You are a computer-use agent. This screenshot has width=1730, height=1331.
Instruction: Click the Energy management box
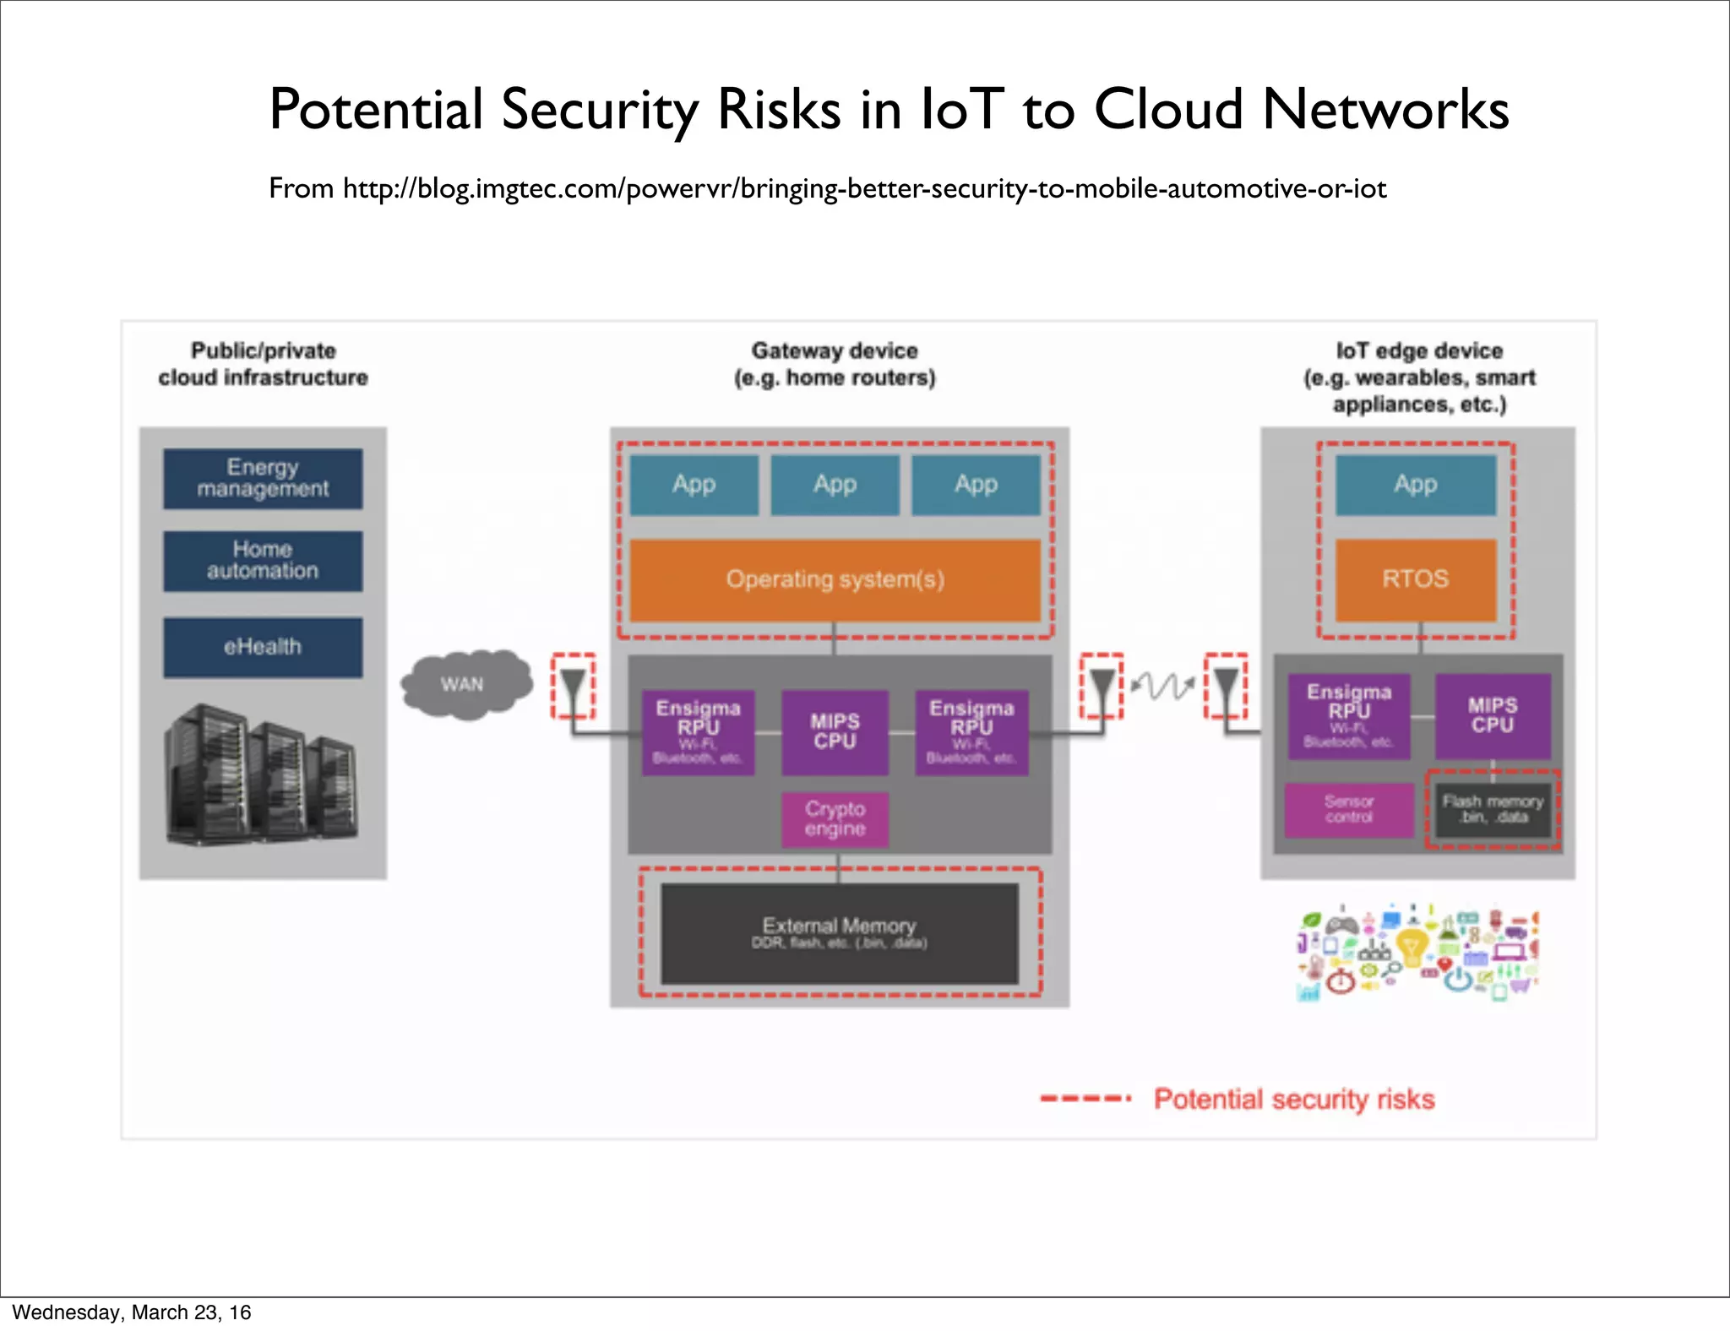tap(263, 478)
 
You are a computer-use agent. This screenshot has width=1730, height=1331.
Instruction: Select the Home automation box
tap(263, 560)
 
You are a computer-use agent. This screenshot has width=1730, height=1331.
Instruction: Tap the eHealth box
tap(263, 647)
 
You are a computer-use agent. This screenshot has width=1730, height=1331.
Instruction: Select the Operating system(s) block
tap(835, 579)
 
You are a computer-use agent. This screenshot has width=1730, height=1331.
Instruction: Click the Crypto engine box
tap(835, 818)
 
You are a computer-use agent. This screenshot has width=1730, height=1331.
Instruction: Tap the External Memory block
tap(839, 932)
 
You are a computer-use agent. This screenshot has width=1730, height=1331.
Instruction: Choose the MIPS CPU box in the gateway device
tap(835, 731)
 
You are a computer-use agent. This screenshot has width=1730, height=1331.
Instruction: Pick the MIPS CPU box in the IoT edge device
tap(1493, 714)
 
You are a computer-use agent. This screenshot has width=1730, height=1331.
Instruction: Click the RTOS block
tap(1415, 579)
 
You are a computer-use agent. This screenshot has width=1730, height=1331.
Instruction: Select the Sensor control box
tap(1348, 809)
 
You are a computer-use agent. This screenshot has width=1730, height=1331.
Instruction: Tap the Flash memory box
tap(1493, 809)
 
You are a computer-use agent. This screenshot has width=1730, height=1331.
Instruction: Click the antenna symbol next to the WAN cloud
tap(573, 685)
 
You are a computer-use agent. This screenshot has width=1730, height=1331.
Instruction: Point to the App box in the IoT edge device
tap(1415, 485)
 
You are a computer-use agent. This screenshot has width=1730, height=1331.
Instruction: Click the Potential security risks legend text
tap(1294, 1099)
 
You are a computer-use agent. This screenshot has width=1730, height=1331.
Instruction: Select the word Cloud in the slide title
tap(1168, 110)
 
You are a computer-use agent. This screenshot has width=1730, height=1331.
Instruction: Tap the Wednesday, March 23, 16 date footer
tap(132, 1312)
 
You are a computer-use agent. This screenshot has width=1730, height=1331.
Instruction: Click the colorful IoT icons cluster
tap(1417, 953)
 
